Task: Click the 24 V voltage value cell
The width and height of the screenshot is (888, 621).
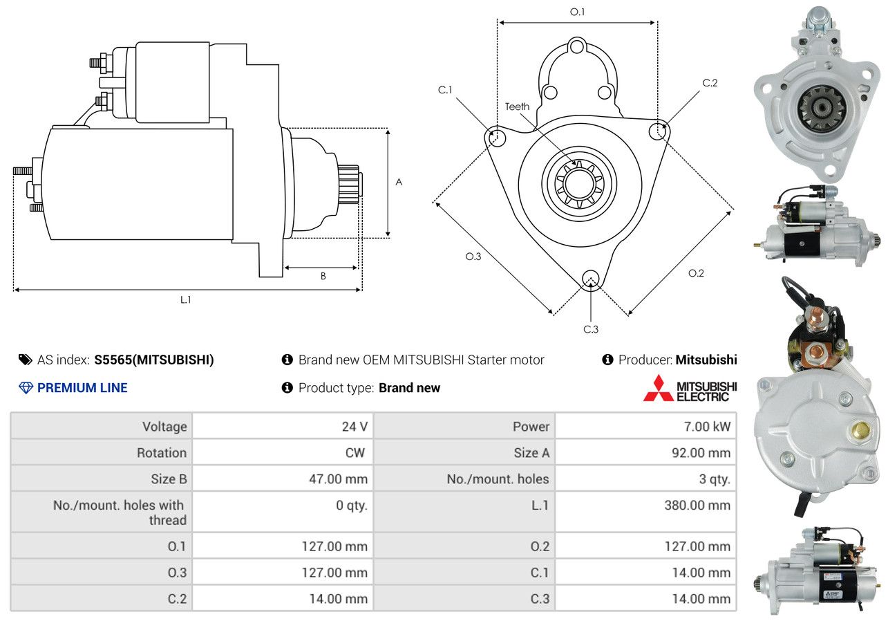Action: (x=355, y=427)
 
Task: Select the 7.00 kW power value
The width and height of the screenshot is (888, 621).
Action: (x=707, y=427)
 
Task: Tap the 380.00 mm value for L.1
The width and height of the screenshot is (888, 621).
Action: (x=697, y=506)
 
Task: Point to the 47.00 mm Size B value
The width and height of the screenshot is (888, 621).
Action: (x=338, y=479)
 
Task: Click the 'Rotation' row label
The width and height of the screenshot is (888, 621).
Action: (x=162, y=453)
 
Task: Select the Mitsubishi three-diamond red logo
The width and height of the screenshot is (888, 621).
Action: (x=657, y=389)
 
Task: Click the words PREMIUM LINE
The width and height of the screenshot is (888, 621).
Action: (x=82, y=388)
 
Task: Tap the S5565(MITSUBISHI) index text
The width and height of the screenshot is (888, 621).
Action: (x=154, y=360)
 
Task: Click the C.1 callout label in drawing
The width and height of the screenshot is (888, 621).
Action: (x=445, y=90)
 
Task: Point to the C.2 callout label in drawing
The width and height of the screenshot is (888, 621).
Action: (x=710, y=83)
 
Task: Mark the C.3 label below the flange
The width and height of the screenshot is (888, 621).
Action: (x=591, y=329)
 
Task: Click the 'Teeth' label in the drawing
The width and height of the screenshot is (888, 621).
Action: (x=517, y=106)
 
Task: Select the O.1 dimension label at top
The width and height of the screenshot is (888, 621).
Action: (x=578, y=12)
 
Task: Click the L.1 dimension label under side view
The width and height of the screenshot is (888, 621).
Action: (x=186, y=300)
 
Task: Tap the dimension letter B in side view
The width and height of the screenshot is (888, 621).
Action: (x=323, y=277)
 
